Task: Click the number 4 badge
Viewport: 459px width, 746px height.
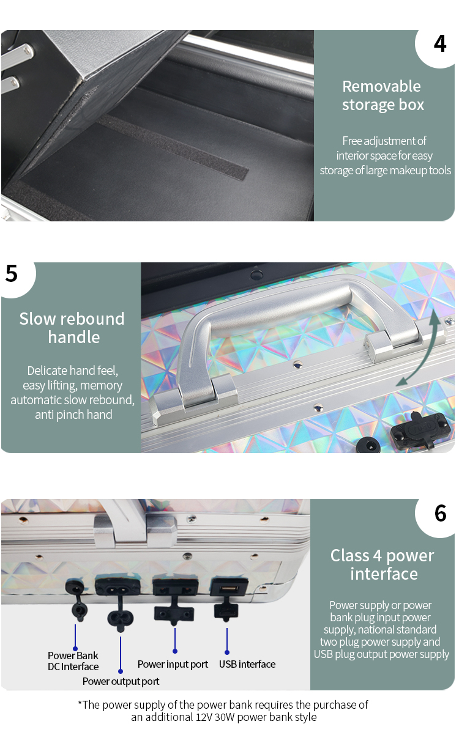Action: [439, 43]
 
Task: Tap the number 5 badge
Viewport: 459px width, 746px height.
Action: [12, 274]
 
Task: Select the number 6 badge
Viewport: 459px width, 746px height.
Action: [440, 513]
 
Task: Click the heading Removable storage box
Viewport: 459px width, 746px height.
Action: [382, 95]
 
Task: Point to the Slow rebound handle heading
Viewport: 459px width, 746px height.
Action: [72, 328]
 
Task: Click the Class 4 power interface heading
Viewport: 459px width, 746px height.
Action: [382, 564]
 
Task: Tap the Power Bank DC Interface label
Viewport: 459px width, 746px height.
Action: [73, 661]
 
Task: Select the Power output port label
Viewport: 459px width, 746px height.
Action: [121, 681]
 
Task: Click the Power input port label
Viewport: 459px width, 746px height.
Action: [173, 664]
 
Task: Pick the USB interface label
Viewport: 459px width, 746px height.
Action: [247, 664]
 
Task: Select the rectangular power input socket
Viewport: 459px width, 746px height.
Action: [175, 588]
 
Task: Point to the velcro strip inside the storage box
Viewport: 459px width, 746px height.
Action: [173, 147]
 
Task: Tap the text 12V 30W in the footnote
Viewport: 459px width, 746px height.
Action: [215, 717]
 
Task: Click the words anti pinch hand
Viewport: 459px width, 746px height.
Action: [73, 415]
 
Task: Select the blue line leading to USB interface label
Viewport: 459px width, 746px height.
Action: [227, 640]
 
